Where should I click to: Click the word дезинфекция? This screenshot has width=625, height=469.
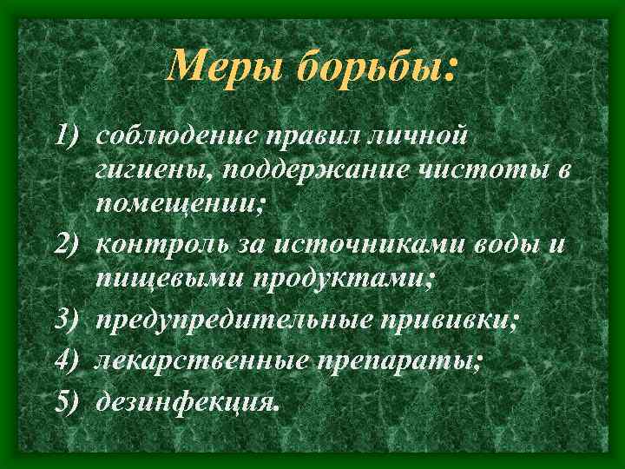[x=187, y=400]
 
